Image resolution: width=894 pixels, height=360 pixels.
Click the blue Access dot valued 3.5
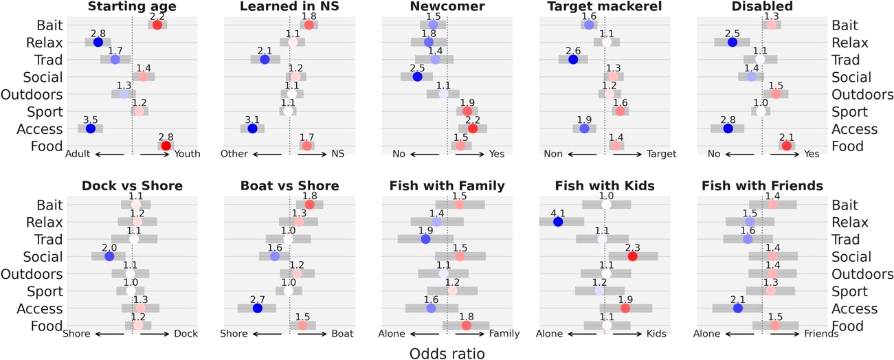pyautogui.click(x=90, y=128)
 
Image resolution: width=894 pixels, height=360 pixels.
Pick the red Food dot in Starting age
pyautogui.click(x=166, y=146)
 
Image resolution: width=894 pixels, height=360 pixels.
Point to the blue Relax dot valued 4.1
pyautogui.click(x=557, y=222)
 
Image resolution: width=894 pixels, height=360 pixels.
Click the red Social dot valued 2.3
pyautogui.click(x=632, y=256)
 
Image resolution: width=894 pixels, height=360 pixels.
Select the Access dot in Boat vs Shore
pyautogui.click(x=257, y=308)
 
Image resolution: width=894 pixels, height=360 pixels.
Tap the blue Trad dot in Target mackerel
pyautogui.click(x=573, y=59)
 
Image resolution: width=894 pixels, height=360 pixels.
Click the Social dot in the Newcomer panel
pyautogui.click(x=417, y=76)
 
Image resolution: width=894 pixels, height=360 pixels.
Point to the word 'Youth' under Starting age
pyautogui.click(x=187, y=155)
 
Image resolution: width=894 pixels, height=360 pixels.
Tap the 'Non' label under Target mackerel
pyautogui.click(x=553, y=155)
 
